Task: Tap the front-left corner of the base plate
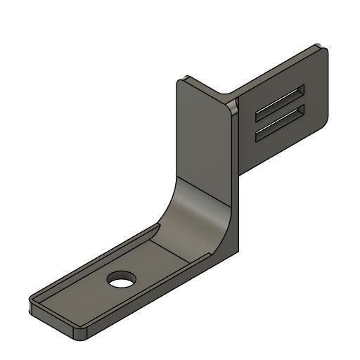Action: (x=32, y=304)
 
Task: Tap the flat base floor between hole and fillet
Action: (x=165, y=253)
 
